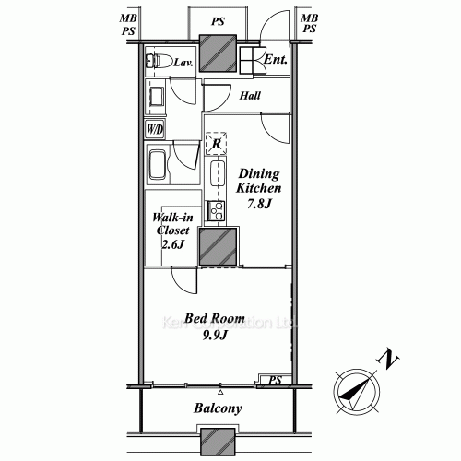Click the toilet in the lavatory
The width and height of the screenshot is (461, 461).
[x=158, y=64]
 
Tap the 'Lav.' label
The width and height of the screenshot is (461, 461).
[x=183, y=63]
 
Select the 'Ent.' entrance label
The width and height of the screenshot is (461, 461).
[x=276, y=61]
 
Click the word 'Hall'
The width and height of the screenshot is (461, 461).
[x=250, y=95]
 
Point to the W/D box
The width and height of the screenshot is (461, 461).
[x=154, y=129]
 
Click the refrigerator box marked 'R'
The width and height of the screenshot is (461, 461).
[x=216, y=143]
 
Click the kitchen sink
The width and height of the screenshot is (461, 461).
[x=219, y=173]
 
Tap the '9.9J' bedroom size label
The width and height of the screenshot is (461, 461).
[x=214, y=336]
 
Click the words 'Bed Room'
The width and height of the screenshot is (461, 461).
[x=214, y=319]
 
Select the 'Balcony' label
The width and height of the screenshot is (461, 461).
[x=218, y=408]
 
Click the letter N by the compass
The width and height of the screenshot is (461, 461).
[x=391, y=357]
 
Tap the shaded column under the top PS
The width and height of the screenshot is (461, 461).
[x=219, y=54]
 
